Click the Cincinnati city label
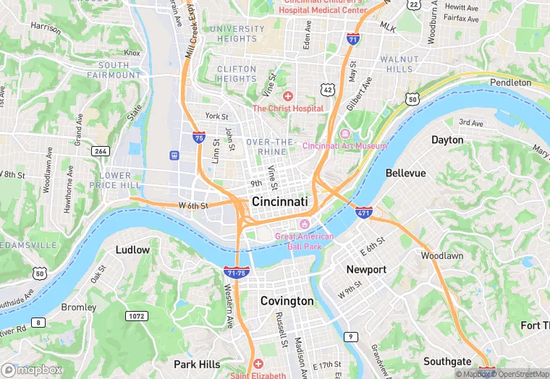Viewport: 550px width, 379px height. (x=279, y=201)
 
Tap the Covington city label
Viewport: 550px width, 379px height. (x=287, y=301)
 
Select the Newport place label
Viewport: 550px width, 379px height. (x=366, y=269)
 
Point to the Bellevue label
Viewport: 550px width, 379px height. (x=405, y=174)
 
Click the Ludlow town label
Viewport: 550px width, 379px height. (x=132, y=250)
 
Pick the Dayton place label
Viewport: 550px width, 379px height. (x=447, y=140)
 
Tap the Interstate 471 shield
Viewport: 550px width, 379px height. (x=364, y=213)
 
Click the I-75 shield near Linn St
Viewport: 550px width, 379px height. (x=198, y=136)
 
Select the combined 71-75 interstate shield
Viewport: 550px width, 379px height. (x=237, y=271)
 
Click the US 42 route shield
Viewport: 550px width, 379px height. (x=327, y=89)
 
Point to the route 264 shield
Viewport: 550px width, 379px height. (x=100, y=150)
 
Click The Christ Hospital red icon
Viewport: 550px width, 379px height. (x=287, y=96)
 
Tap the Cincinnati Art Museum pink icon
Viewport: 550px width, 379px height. (x=344, y=135)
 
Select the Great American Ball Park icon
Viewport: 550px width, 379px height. (x=304, y=224)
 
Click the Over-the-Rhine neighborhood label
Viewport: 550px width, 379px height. (x=271, y=147)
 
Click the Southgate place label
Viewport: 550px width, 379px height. (x=447, y=362)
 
